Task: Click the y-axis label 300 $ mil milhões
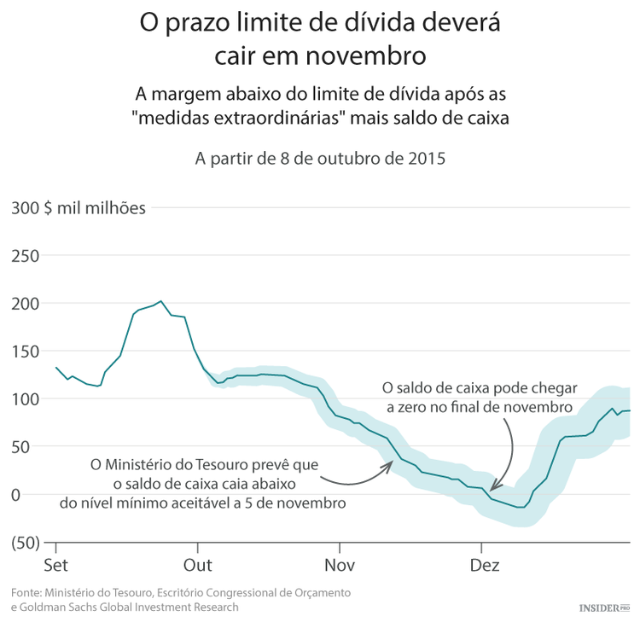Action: click(x=79, y=208)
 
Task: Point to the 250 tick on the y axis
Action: click(x=26, y=256)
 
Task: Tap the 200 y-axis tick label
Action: click(x=26, y=304)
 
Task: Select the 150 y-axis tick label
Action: click(x=26, y=352)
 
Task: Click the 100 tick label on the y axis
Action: click(x=26, y=399)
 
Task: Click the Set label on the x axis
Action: click(x=55, y=567)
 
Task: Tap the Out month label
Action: click(x=198, y=567)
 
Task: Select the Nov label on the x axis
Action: click(x=340, y=567)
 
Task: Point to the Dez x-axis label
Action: click(x=485, y=567)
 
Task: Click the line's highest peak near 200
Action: click(x=161, y=301)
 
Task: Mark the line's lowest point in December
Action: click(x=521, y=508)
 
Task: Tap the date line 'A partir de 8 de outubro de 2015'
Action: click(x=320, y=160)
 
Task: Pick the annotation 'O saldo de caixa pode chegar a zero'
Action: click(x=480, y=398)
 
